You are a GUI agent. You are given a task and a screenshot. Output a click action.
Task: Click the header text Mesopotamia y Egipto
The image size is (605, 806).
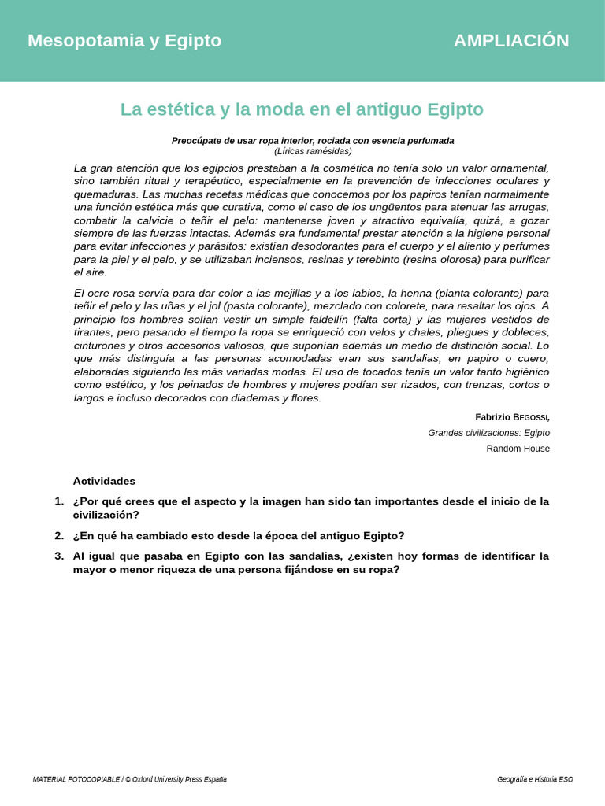point(124,41)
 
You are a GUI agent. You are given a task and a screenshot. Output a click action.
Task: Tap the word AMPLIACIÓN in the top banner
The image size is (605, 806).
point(510,41)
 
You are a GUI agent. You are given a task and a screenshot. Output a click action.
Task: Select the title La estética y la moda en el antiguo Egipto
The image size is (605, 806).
point(302,109)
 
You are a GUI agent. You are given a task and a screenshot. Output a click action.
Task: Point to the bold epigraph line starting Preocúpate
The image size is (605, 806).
point(313,141)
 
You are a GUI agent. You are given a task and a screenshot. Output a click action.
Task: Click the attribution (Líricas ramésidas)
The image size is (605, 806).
point(313,151)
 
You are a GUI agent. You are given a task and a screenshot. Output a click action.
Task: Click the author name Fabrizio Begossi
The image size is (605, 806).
point(512,417)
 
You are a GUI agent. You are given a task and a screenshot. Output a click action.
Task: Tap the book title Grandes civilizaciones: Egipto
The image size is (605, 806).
point(488,433)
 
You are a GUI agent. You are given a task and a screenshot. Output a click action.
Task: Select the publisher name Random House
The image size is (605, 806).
point(518,449)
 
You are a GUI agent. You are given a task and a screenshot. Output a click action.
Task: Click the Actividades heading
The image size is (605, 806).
point(104,481)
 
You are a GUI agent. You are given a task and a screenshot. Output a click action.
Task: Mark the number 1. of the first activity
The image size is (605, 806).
point(59,501)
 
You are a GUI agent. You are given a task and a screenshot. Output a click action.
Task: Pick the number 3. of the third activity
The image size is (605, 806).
point(59,556)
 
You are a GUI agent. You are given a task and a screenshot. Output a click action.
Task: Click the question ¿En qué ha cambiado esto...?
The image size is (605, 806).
point(239,536)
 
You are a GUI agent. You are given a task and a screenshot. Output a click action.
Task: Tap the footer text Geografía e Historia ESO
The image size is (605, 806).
point(535,779)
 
